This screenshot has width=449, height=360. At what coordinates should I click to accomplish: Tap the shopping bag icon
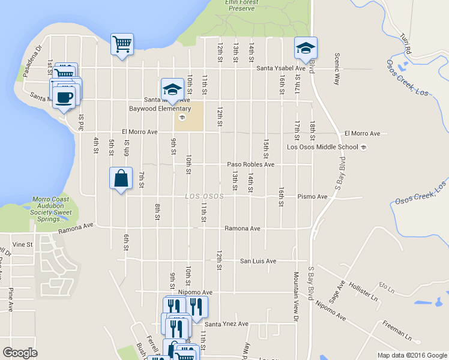[x=121, y=178]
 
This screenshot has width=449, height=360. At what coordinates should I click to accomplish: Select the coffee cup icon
[x=64, y=97]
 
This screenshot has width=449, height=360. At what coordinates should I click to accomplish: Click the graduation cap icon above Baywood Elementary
[x=172, y=89]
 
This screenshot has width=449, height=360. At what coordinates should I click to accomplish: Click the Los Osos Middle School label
[x=322, y=147]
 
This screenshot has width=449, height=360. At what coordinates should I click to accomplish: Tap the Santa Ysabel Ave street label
[x=281, y=68]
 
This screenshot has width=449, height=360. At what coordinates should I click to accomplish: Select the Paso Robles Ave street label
[x=250, y=164]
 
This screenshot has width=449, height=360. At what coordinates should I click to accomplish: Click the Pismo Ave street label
[x=313, y=196]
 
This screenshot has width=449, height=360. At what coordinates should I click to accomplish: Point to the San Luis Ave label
[x=258, y=261]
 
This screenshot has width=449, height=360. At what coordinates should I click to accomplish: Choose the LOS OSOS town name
[x=204, y=196]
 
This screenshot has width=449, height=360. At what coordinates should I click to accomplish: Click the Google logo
[x=20, y=352]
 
